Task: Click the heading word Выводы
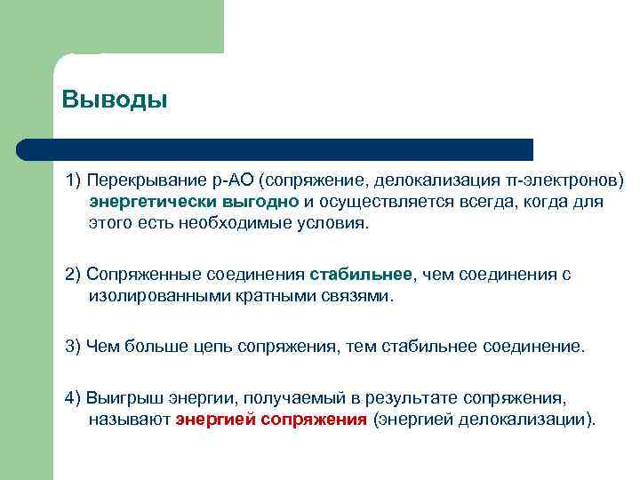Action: click(115, 99)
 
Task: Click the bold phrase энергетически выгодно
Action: click(193, 202)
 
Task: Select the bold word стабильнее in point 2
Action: click(362, 275)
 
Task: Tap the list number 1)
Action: click(74, 180)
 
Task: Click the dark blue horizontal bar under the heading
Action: click(276, 149)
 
